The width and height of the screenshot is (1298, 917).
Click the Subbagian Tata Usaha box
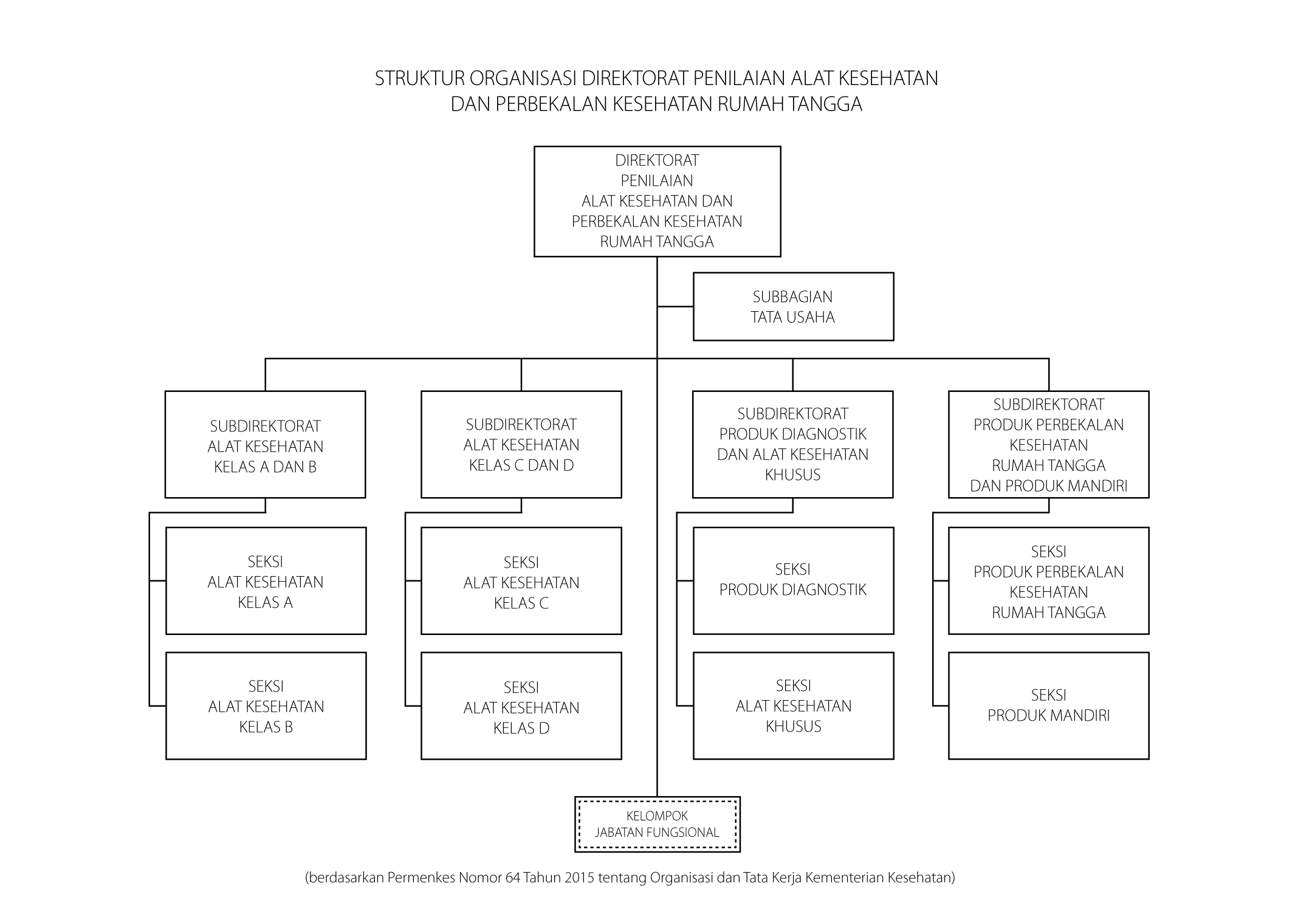793,306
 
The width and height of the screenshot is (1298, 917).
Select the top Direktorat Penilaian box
657,201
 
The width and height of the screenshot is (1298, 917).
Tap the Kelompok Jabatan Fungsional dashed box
657,824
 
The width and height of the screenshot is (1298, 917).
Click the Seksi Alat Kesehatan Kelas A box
266,581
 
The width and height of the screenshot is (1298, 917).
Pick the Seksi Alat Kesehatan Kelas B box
266,706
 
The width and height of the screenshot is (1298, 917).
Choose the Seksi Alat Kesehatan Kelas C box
521,581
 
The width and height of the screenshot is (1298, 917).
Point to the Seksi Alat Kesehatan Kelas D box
521,706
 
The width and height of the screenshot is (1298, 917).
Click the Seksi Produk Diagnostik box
793,581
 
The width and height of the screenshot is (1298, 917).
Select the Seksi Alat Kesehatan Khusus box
793,706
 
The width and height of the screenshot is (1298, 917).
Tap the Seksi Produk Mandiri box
1049,706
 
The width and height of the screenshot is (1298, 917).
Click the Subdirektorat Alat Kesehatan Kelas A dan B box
266,444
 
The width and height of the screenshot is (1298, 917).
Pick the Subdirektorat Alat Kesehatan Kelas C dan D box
521,444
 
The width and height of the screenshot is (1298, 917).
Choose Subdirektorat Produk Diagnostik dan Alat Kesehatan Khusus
793,444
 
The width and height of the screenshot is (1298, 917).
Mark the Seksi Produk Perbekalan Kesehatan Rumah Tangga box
1049,581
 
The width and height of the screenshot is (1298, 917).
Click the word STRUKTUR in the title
419,79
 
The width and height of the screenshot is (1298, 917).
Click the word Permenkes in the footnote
421,878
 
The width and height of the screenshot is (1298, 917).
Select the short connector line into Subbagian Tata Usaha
675,306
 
